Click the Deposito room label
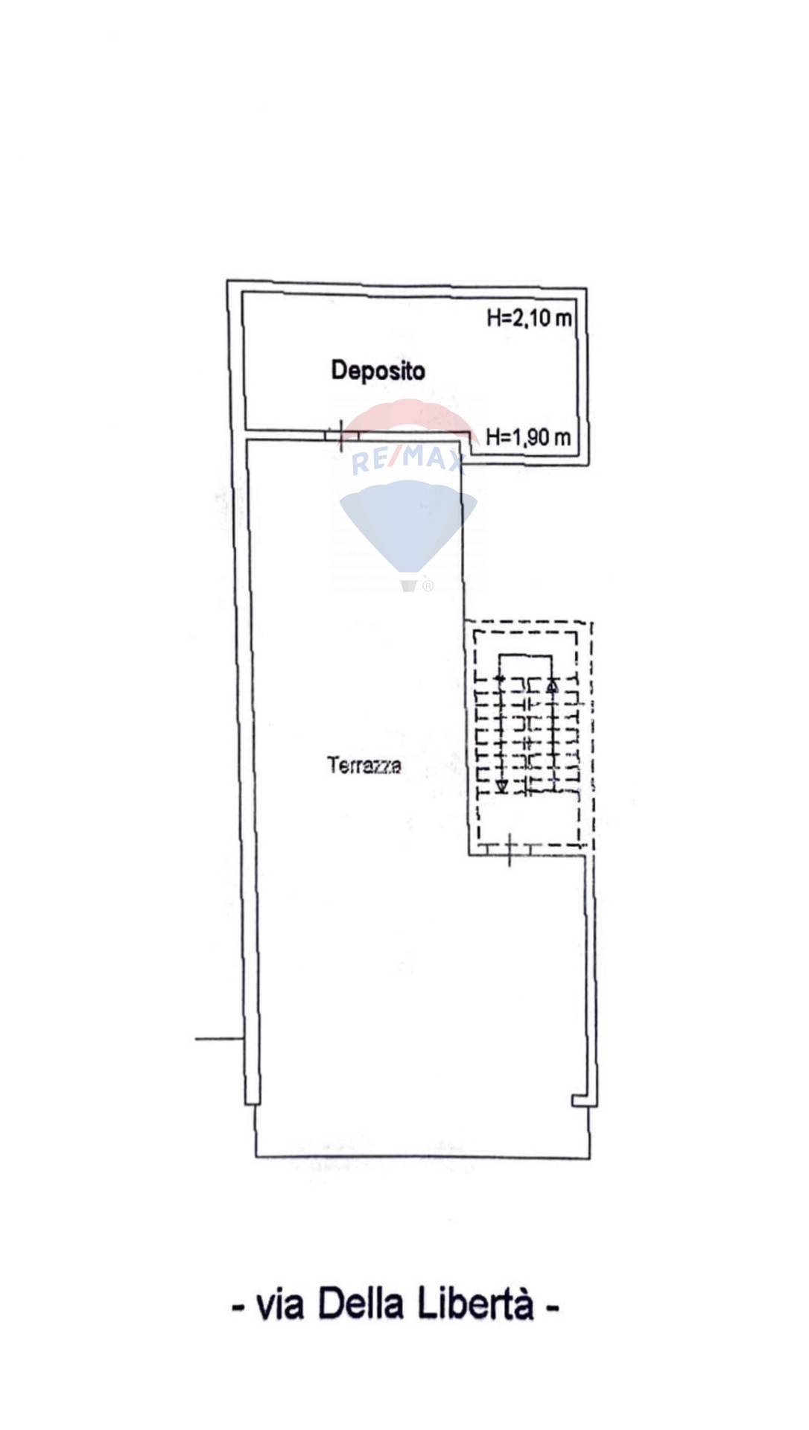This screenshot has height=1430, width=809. tap(378, 370)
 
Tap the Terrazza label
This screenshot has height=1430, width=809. tap(364, 765)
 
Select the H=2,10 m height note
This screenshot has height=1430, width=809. tap(529, 318)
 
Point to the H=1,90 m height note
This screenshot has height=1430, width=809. tap(528, 436)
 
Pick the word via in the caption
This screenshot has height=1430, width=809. tap(280, 1306)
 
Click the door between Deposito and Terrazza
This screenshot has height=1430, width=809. tap(342, 434)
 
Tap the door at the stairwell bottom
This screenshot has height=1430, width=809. tap(509, 849)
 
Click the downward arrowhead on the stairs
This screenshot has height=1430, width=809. tap(502, 786)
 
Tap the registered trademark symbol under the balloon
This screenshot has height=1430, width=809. tap(428, 586)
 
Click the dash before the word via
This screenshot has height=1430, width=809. tap(239, 1308)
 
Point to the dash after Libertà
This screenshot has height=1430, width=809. tap(552, 1308)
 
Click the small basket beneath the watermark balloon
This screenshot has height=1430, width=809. tap(408, 585)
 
